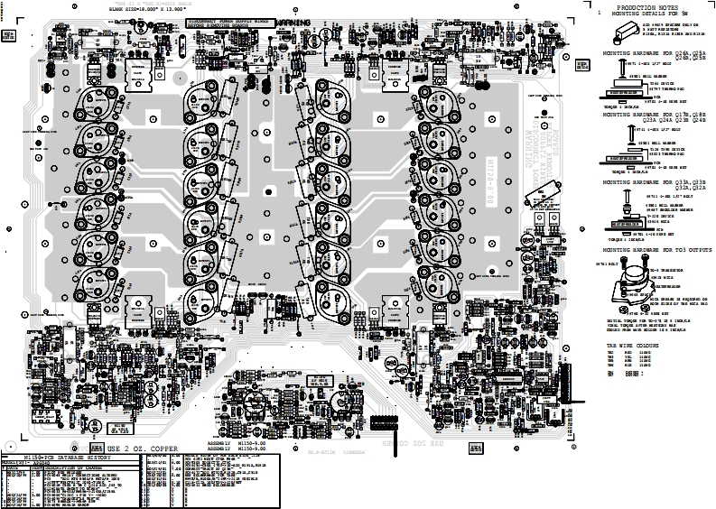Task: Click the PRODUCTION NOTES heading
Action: click(643, 7)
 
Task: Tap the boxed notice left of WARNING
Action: click(229, 21)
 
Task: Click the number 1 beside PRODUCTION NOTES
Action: click(599, 14)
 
